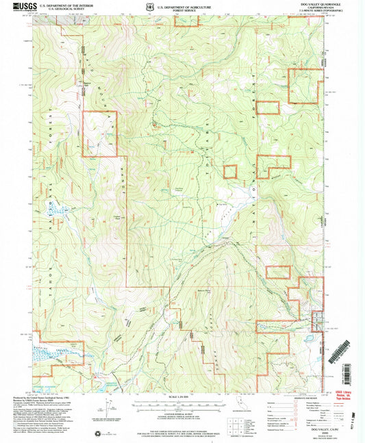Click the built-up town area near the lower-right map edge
316,320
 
